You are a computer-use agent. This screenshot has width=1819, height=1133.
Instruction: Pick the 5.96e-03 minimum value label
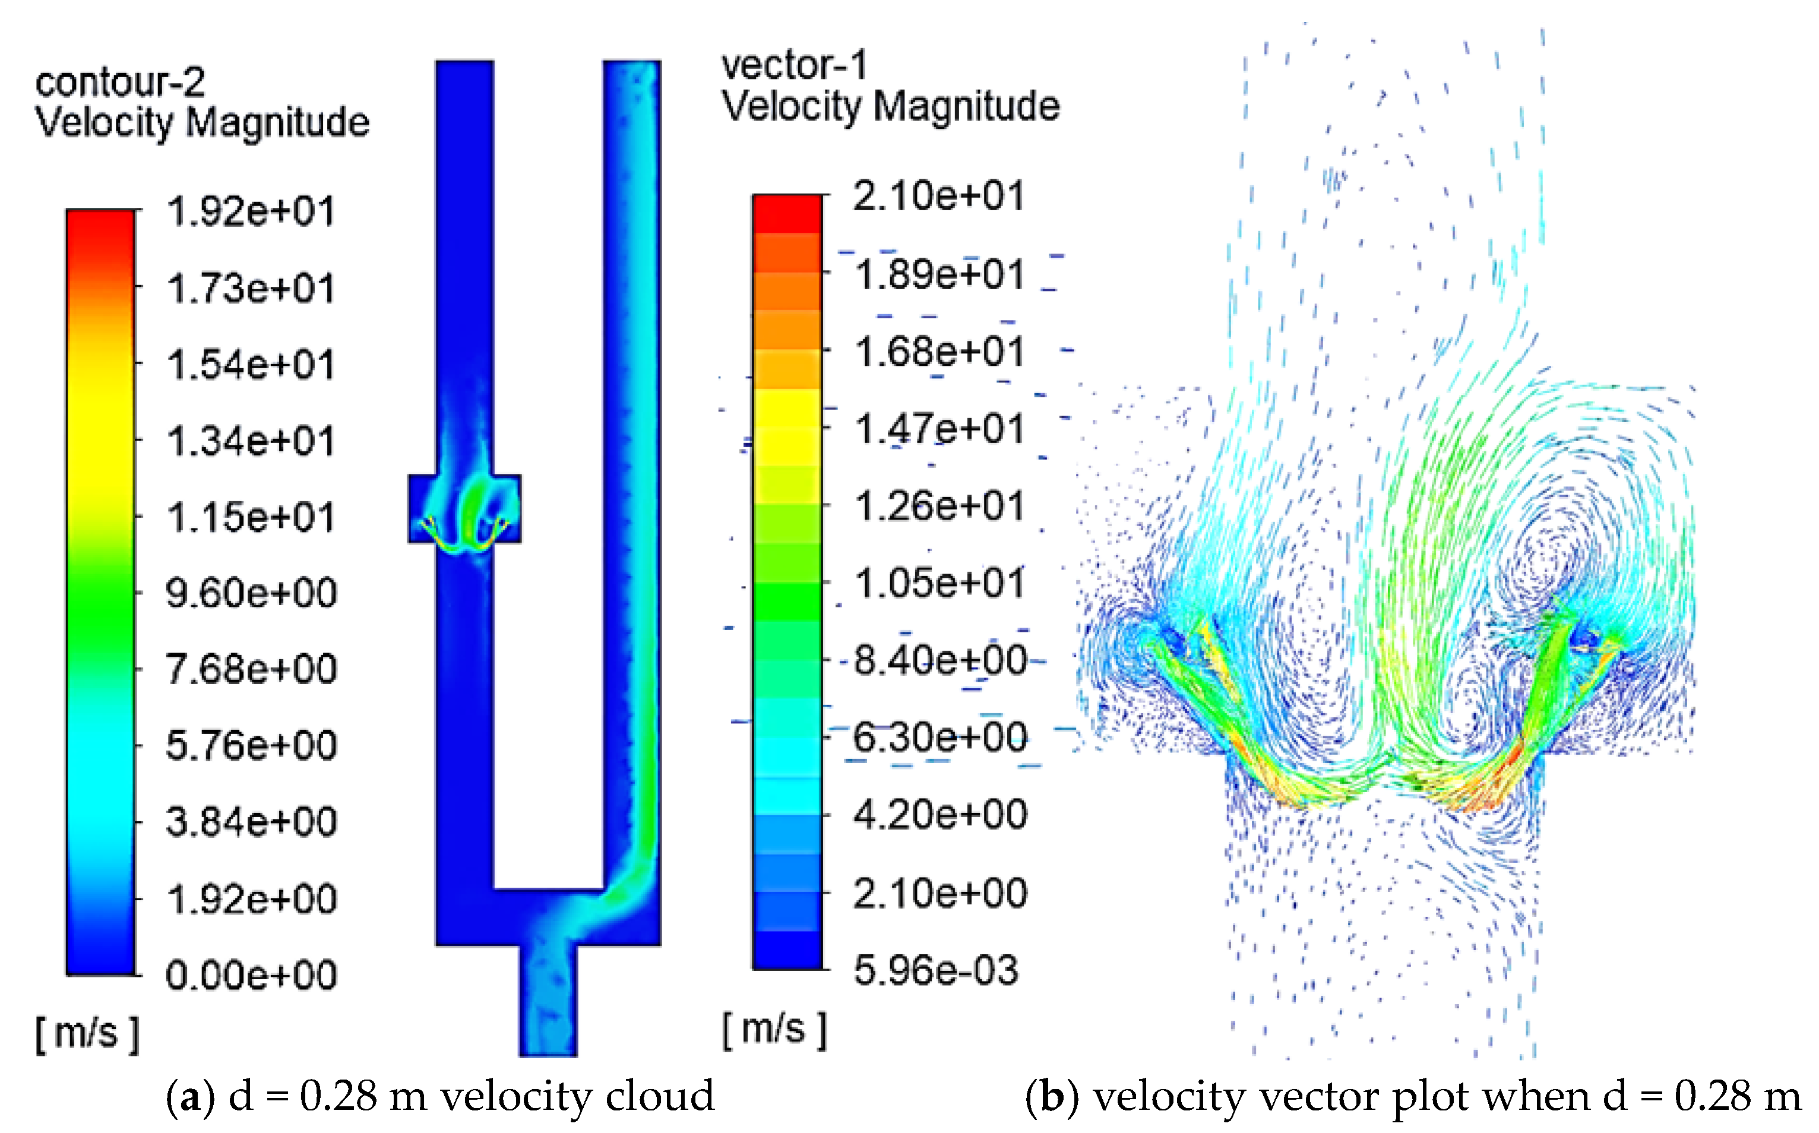pos(936,970)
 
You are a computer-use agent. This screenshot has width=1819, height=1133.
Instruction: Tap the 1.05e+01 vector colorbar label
pos(939,583)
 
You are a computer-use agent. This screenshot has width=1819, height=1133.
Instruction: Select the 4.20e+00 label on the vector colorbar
pos(940,815)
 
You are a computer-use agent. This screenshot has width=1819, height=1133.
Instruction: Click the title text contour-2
pos(120,83)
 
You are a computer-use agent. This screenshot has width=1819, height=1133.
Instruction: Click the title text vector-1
pos(794,66)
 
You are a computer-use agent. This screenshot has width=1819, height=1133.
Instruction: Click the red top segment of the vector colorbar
pos(787,214)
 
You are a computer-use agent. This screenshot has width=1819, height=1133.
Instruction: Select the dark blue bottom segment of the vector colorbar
pos(787,950)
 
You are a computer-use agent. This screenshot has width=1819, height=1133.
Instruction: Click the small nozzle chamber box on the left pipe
pos(464,508)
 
